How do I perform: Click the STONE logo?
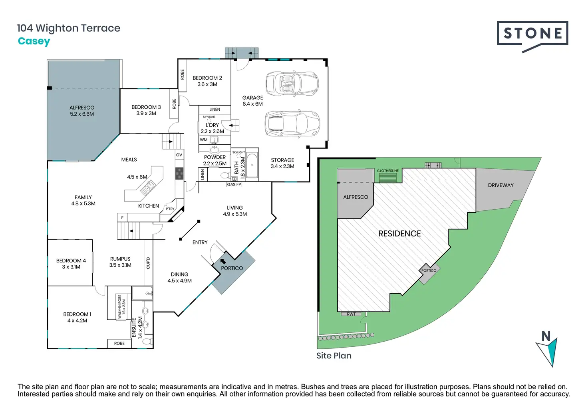click(x=532, y=34)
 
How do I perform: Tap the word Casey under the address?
click(x=34, y=41)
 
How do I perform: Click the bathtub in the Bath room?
click(x=252, y=165)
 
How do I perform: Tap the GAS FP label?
click(x=234, y=184)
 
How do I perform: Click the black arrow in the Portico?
click(x=223, y=262)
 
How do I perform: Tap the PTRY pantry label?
click(x=170, y=209)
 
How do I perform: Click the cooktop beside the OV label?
click(x=179, y=173)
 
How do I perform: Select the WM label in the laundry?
click(x=204, y=140)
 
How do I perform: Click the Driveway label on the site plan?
click(x=501, y=185)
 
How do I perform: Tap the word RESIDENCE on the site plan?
click(x=399, y=234)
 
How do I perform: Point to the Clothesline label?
click(x=387, y=171)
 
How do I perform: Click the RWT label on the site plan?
click(x=351, y=314)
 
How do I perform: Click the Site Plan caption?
click(x=334, y=356)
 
